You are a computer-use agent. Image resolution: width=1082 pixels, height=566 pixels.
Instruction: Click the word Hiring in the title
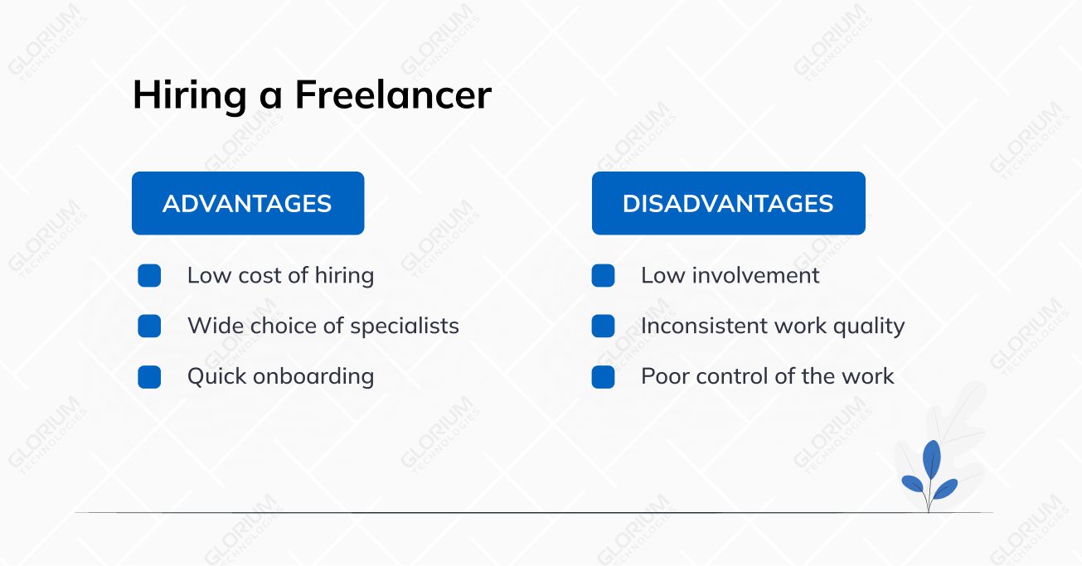point(189,96)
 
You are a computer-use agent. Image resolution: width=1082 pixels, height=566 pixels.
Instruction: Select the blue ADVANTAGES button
point(248,203)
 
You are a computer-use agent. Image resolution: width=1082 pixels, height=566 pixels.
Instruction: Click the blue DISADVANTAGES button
point(728,203)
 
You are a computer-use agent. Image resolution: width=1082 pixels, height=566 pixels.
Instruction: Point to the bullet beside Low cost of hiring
point(149,276)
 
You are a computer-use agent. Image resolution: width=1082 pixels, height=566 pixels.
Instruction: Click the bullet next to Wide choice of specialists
point(149,326)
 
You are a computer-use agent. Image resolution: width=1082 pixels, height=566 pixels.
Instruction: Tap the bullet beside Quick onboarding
point(149,377)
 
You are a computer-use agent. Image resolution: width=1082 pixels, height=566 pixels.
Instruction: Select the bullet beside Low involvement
point(603,276)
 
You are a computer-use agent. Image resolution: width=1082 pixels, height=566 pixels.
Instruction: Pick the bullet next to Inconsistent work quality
point(603,326)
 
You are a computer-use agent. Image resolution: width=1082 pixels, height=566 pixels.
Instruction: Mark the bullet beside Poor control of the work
point(603,377)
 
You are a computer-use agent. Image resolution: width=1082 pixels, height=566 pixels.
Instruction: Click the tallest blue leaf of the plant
point(932,459)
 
